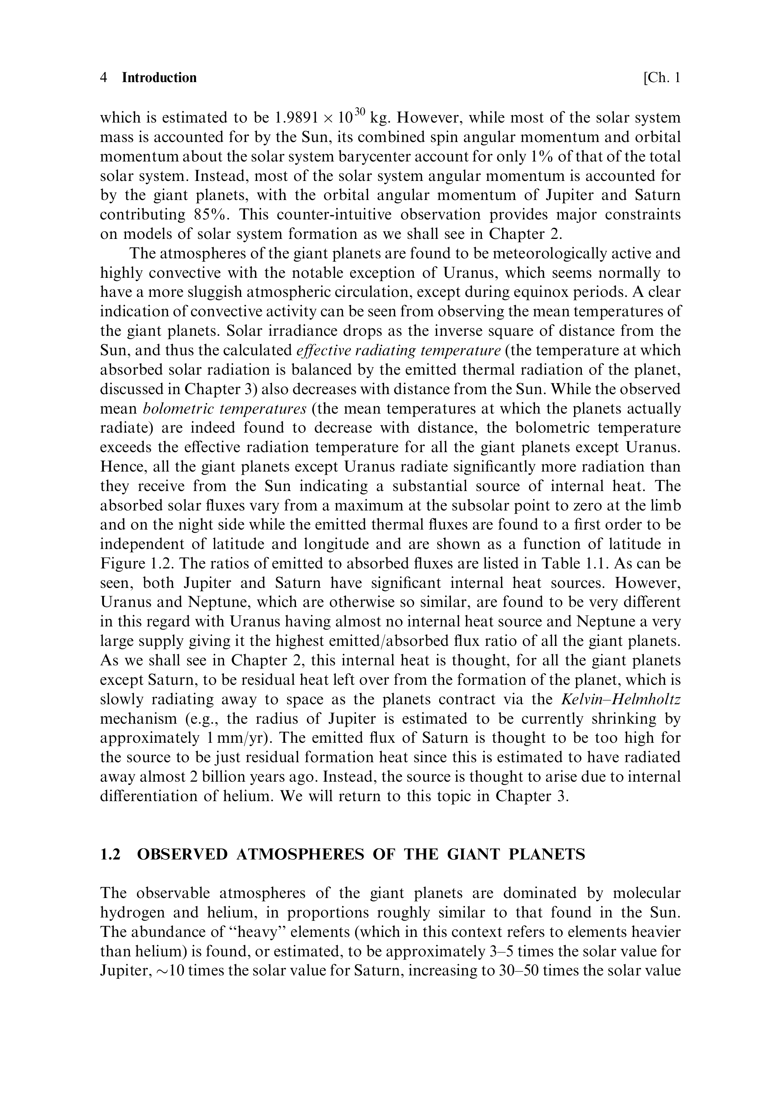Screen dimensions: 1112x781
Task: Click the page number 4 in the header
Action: coord(103,78)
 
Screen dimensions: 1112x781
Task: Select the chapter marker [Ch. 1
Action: coord(662,78)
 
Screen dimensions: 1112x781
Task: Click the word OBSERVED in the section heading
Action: coord(182,854)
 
